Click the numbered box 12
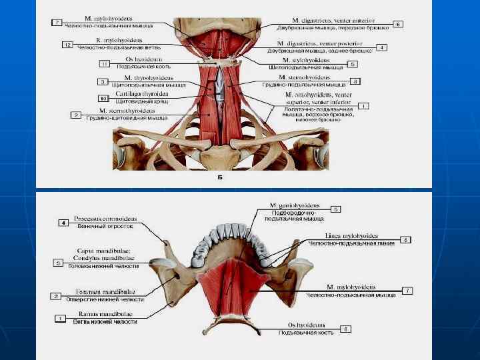pos(67,44)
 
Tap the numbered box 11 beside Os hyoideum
pos(103,64)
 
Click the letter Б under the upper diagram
pos(220,179)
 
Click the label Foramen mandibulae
pos(100,291)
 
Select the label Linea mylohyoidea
pos(351,236)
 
